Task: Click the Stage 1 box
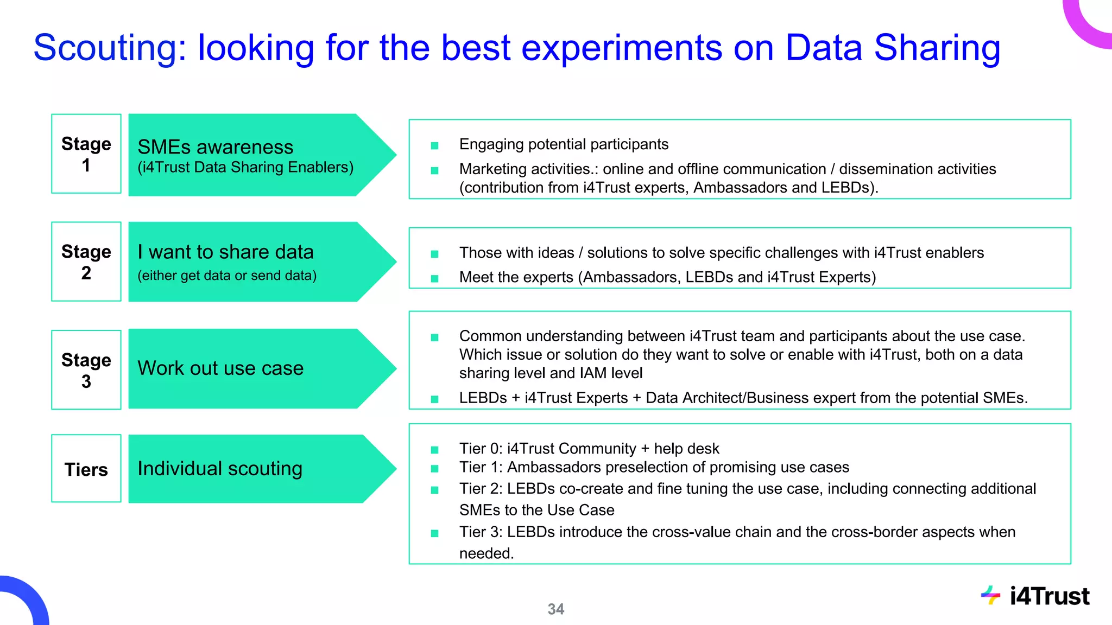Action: (x=86, y=154)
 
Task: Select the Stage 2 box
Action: (x=86, y=262)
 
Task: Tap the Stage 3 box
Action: (x=86, y=370)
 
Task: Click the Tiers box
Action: (x=86, y=469)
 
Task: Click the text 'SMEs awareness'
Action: (x=215, y=147)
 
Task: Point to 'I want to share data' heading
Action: (x=225, y=252)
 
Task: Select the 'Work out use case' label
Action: (x=220, y=368)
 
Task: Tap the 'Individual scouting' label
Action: (x=220, y=468)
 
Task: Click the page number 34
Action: (x=555, y=609)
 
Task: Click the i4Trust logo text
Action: (x=1049, y=596)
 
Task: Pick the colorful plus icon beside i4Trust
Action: (x=990, y=595)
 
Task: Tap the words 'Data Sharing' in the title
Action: (x=892, y=48)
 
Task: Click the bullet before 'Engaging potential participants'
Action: (x=434, y=145)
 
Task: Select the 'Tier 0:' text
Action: (x=481, y=449)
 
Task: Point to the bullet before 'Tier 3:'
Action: (x=434, y=533)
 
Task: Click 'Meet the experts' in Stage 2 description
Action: (x=516, y=277)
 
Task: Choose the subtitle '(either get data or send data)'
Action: (x=227, y=276)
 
